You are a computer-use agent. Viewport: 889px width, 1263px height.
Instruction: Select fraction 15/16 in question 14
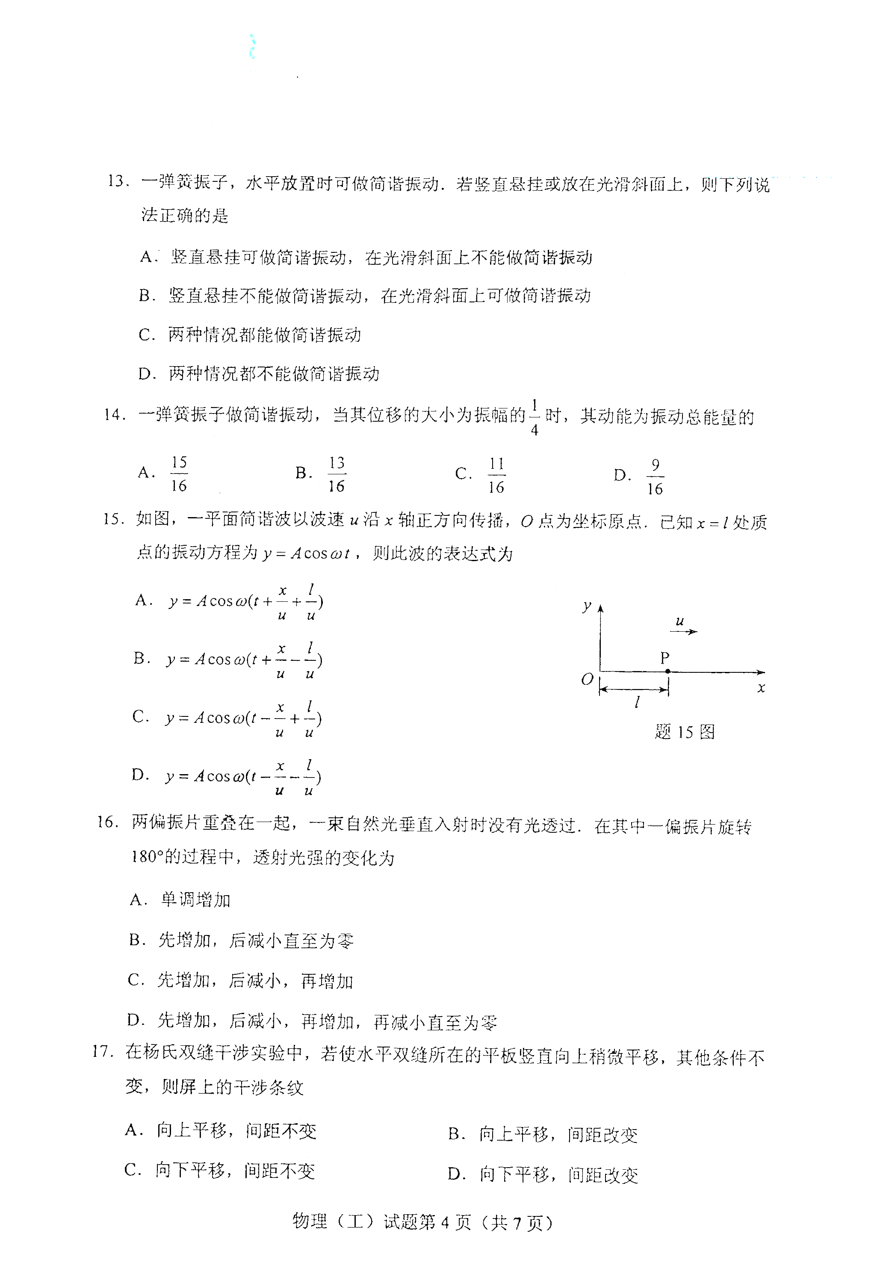coord(179,473)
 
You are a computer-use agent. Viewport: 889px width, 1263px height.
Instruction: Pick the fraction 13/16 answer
coord(336,473)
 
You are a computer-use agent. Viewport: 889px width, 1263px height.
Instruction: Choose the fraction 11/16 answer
coord(496,475)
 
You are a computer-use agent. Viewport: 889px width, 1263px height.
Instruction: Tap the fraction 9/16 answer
coord(655,476)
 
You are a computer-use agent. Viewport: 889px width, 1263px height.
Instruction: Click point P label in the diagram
coord(665,657)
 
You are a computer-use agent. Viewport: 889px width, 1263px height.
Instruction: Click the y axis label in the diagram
coord(587,606)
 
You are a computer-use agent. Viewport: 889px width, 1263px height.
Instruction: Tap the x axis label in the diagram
coord(761,688)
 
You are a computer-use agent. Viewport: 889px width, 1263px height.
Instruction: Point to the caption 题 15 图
coord(685,732)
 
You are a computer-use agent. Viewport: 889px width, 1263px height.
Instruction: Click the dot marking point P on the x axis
coord(667,671)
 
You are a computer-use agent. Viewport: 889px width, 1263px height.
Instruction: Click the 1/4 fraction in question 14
coord(534,417)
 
